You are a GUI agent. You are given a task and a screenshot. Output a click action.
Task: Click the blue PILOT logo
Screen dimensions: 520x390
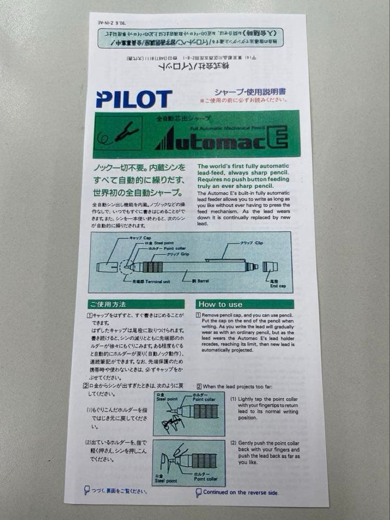[134, 99]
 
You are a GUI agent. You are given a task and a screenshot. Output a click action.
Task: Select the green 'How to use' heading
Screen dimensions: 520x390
[220, 304]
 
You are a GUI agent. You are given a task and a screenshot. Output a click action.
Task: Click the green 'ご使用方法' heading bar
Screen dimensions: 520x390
[136, 304]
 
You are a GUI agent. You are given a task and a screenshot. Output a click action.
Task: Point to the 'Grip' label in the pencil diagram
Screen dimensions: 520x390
[178, 253]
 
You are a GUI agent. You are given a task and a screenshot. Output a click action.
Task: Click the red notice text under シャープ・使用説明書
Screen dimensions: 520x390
[244, 100]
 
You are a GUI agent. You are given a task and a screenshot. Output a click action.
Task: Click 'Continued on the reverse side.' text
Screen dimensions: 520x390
[240, 492]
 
